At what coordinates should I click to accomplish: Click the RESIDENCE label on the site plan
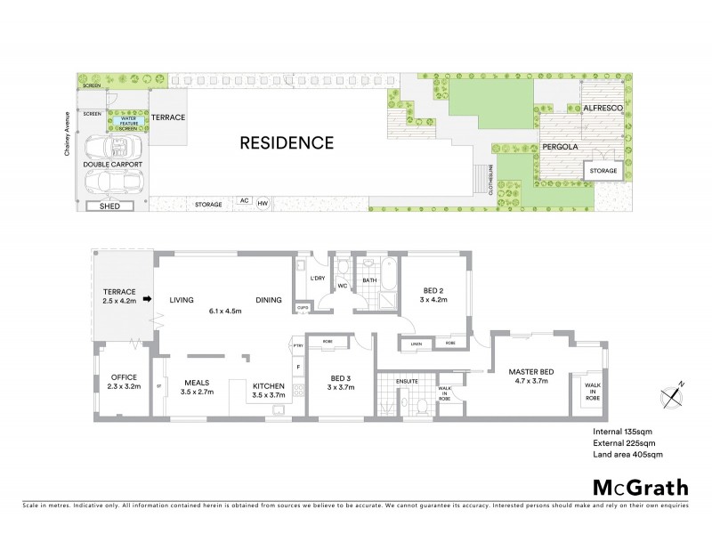[285, 142]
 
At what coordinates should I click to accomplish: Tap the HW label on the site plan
[262, 203]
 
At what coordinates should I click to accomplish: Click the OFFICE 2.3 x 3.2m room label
[117, 382]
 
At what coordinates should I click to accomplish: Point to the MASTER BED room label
[533, 376]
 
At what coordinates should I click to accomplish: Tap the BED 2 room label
[434, 295]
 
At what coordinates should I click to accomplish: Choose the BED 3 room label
[339, 382]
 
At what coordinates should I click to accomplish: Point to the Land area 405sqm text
[627, 454]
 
